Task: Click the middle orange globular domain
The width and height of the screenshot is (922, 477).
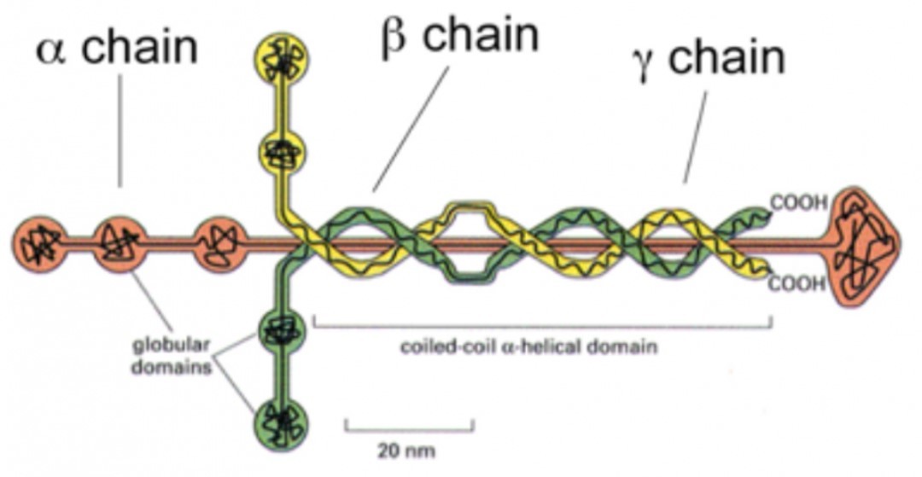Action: click(120, 244)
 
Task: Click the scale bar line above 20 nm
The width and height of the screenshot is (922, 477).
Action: click(409, 425)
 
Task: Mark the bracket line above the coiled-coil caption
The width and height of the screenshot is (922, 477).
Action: click(543, 326)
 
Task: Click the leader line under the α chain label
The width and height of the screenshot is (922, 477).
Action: click(120, 128)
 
